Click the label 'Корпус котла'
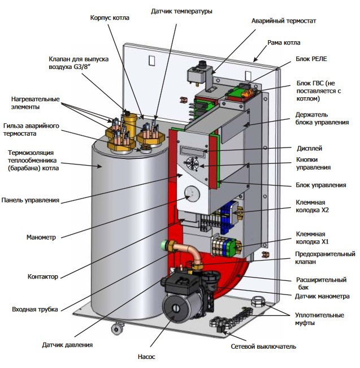pos(110,18)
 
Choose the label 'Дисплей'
pos(309,148)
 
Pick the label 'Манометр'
pos(41,237)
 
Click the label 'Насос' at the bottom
pos(146,357)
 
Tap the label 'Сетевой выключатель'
pos(263,346)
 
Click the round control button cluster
pos(193,167)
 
